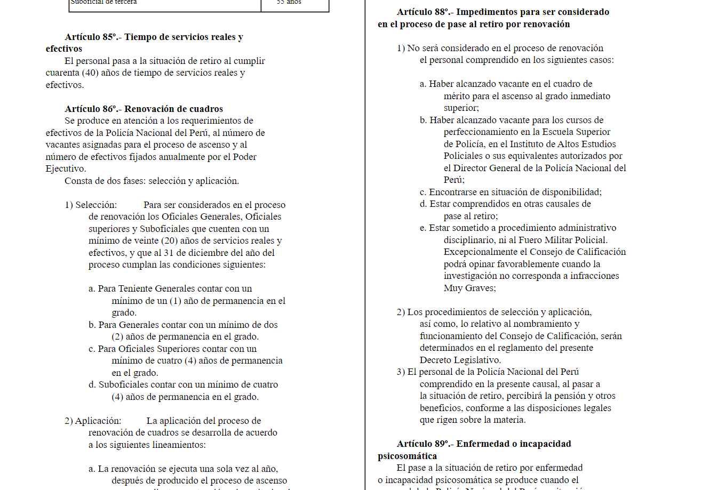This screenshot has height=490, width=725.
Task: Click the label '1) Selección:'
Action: pyautogui.click(x=91, y=205)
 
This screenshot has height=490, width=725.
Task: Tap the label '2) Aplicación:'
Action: pyautogui.click(x=93, y=421)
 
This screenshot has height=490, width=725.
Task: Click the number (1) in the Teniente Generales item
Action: pyautogui.click(x=176, y=301)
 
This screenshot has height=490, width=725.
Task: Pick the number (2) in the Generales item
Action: pyautogui.click(x=117, y=336)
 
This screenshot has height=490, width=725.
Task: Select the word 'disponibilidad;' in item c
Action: pyautogui.click(x=570, y=192)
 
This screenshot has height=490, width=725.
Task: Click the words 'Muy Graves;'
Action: pyautogui.click(x=469, y=288)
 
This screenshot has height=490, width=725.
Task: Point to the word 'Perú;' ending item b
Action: pyautogui.click(x=454, y=180)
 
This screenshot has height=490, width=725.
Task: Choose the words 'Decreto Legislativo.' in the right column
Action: pyautogui.click(x=460, y=360)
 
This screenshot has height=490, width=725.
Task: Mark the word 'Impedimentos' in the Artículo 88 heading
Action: pyautogui.click(x=485, y=12)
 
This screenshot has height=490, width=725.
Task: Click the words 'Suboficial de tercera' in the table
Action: pyautogui.click(x=104, y=2)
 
